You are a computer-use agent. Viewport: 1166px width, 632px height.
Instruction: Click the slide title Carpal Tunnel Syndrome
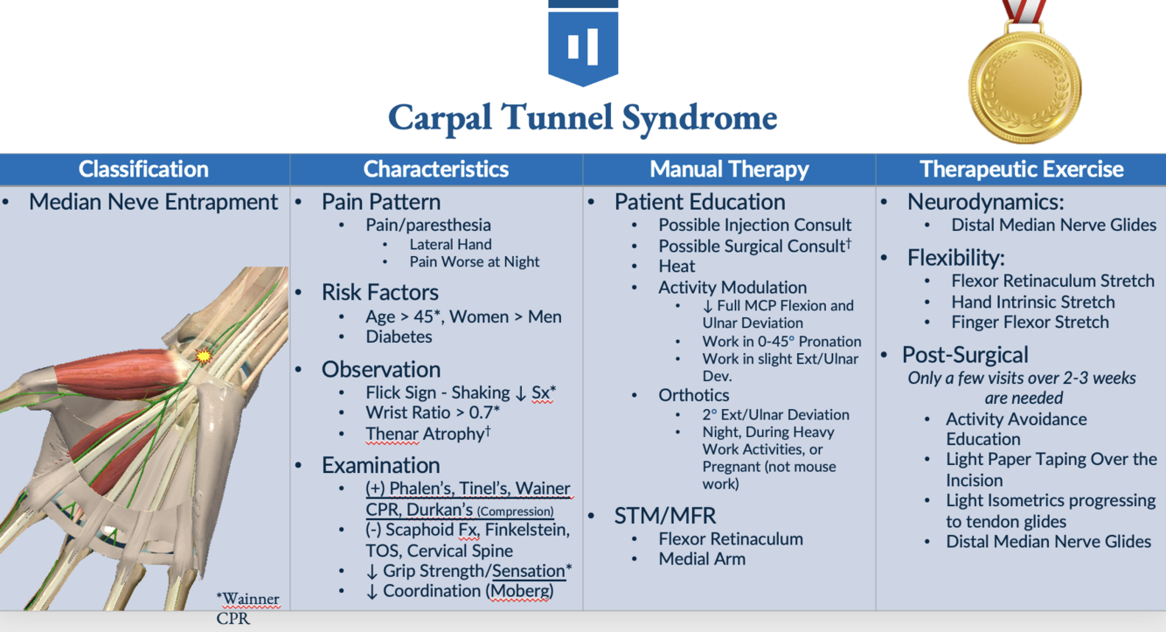click(x=582, y=118)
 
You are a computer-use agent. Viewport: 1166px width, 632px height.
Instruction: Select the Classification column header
click(x=143, y=169)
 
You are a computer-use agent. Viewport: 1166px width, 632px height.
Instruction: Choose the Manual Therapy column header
click(x=729, y=169)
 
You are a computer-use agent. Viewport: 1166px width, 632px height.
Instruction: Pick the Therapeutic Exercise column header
click(x=1021, y=169)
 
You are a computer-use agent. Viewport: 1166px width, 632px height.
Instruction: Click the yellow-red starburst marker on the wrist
click(x=204, y=356)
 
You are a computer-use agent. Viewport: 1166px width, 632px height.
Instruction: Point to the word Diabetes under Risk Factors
click(x=399, y=337)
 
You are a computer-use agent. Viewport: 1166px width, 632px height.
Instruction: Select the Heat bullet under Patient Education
click(x=677, y=266)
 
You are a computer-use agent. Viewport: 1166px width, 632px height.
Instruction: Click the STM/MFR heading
click(x=665, y=516)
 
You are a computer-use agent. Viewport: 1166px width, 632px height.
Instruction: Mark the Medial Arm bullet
click(x=702, y=559)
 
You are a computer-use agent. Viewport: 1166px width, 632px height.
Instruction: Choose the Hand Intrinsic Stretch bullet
click(x=1033, y=302)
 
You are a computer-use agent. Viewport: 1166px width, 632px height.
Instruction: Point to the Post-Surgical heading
click(x=965, y=355)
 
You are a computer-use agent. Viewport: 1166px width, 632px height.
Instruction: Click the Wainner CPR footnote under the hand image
click(x=247, y=608)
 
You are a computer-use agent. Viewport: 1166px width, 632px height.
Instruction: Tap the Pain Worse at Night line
click(x=474, y=261)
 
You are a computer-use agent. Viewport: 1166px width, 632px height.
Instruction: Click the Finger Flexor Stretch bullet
click(x=1030, y=322)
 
